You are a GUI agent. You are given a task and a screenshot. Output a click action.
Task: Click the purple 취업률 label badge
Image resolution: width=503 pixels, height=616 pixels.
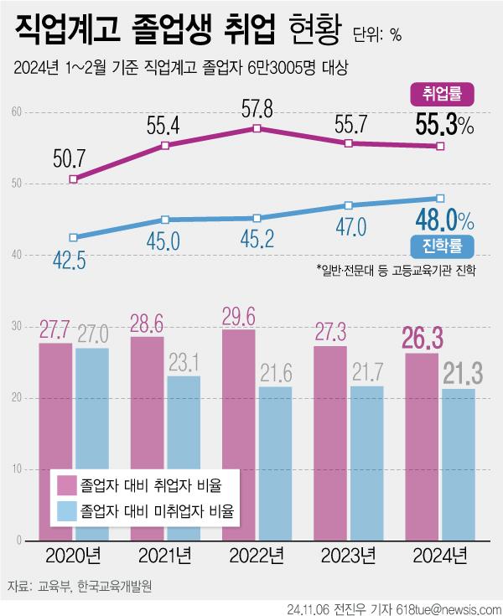click(x=443, y=94)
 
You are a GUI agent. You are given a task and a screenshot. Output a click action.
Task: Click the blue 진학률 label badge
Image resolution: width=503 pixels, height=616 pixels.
click(x=443, y=246)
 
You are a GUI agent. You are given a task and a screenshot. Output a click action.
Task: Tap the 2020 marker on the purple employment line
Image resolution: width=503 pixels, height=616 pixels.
click(x=74, y=179)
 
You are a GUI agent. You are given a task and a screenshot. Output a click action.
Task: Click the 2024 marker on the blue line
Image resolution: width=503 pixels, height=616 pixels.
click(x=439, y=199)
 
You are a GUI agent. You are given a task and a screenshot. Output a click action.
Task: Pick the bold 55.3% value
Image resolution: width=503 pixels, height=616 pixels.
click(x=445, y=127)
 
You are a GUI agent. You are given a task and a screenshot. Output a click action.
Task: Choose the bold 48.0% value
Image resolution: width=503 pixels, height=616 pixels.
click(x=445, y=220)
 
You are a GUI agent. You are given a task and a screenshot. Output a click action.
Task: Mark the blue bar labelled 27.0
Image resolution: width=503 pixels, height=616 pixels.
click(x=91, y=440)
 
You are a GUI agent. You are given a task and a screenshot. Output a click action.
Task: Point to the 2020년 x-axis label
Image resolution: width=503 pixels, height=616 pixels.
click(x=74, y=555)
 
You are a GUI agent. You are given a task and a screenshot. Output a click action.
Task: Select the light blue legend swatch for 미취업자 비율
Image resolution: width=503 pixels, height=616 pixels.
click(x=67, y=510)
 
